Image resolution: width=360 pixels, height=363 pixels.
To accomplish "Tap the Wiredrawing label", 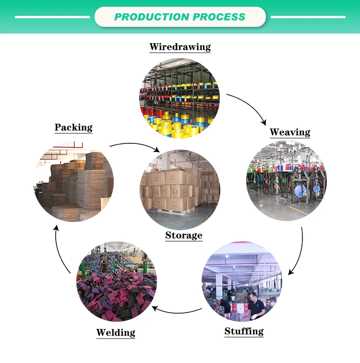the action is [x=180, y=47].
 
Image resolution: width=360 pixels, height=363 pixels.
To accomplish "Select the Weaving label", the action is [x=290, y=132].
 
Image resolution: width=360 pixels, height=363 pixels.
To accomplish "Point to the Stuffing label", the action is [x=244, y=331].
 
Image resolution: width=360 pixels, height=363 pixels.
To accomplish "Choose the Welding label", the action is [x=116, y=332].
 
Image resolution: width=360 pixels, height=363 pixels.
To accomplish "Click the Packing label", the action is [x=73, y=127].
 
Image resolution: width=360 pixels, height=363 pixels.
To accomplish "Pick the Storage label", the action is [x=184, y=235].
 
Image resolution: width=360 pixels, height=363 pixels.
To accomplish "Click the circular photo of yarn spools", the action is [x=180, y=98].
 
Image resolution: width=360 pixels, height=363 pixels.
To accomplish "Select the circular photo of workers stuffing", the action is [x=241, y=281].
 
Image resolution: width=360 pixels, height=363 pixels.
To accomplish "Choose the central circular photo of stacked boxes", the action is [x=180, y=189].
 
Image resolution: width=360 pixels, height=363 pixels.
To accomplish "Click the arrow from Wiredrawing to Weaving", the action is [x=250, y=105].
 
